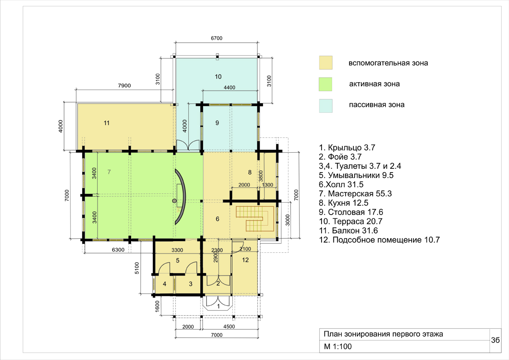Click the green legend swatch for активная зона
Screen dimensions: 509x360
[325, 84]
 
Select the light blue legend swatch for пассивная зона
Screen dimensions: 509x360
[326, 106]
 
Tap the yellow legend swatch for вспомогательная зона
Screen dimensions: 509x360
[326, 63]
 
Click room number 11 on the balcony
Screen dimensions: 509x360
[106, 123]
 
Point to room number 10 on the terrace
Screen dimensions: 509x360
[218, 77]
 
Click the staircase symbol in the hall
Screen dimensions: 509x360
[255, 218]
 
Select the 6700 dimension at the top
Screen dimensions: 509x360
[217, 38]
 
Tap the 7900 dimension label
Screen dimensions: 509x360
[124, 86]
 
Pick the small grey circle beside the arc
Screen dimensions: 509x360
[174, 201]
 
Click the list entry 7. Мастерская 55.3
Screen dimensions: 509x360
[355, 194]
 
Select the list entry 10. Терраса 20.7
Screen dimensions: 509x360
[351, 221]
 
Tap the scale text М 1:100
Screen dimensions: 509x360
[338, 346]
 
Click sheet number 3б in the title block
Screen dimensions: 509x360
[495, 340]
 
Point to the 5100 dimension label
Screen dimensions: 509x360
[137, 268]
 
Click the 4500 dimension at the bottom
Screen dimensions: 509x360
[229, 327]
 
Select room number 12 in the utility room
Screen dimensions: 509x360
[246, 260]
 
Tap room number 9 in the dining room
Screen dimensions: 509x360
[217, 123]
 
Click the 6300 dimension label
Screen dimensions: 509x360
[118, 250]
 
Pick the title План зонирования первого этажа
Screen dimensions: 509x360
[383, 334]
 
